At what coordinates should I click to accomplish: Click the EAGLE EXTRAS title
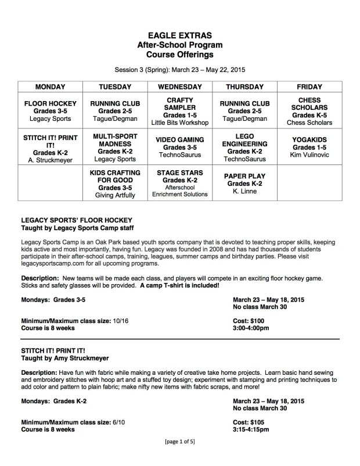tap(179, 35)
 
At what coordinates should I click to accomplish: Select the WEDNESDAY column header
tap(179, 86)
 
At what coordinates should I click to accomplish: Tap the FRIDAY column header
tap(309, 86)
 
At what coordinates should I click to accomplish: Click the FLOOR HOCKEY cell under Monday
tap(51, 110)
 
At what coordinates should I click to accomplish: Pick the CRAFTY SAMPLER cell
tap(179, 110)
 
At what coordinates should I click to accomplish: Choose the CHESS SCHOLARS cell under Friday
tap(309, 110)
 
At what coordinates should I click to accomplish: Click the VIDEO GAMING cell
tap(179, 148)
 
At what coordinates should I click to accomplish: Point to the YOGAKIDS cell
tap(309, 148)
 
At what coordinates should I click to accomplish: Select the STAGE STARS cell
tap(179, 184)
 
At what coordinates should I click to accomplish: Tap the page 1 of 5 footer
tap(179, 458)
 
